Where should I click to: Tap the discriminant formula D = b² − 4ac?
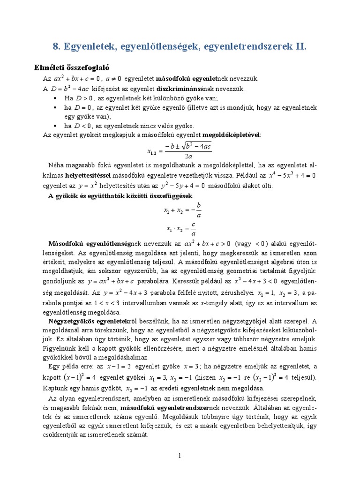click(x=71, y=89)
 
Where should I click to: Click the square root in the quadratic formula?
click(x=199, y=146)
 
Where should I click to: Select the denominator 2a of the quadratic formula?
click(x=188, y=156)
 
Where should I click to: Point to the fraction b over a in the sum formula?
click(x=198, y=211)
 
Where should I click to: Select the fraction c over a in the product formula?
click(x=194, y=229)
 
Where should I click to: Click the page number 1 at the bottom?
click(x=180, y=455)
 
